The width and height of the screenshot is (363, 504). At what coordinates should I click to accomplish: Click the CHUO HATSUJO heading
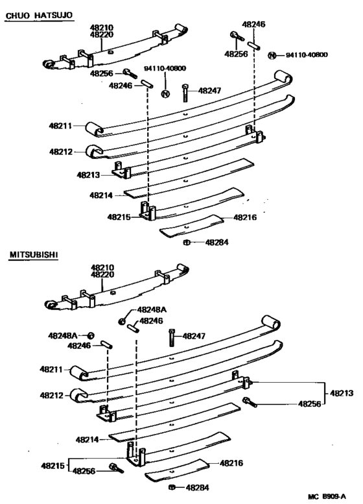(38, 14)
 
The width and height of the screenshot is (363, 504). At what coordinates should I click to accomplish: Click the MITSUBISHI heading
(34, 255)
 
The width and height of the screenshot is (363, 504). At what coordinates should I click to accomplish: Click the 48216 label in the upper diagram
(245, 217)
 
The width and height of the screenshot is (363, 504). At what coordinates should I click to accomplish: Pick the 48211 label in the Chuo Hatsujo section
(60, 125)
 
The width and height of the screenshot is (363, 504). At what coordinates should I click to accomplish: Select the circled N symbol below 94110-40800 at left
(165, 95)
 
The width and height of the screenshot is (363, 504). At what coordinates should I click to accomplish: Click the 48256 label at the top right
(237, 54)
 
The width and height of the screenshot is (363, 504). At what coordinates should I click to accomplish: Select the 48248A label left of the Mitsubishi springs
(62, 335)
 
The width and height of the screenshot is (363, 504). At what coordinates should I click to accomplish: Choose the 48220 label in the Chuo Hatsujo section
(102, 35)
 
